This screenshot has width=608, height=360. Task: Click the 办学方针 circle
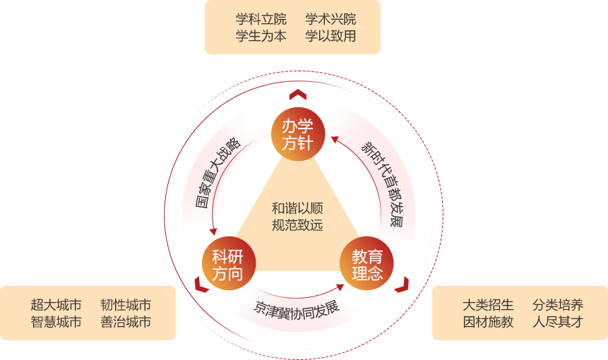[x=298, y=134]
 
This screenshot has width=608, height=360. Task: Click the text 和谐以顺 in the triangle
[x=297, y=208]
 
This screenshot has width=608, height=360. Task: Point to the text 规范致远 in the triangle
[x=297, y=225]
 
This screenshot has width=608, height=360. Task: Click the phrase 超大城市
[x=56, y=305]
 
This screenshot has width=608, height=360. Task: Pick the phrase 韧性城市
[x=126, y=305]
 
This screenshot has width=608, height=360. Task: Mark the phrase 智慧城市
[x=56, y=322]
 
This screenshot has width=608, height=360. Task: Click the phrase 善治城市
[x=126, y=322]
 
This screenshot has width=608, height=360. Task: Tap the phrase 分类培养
[x=558, y=305]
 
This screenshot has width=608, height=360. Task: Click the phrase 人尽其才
[x=558, y=322]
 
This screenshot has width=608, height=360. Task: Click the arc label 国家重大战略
[x=217, y=173]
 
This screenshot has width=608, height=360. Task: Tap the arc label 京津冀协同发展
[x=297, y=308]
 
